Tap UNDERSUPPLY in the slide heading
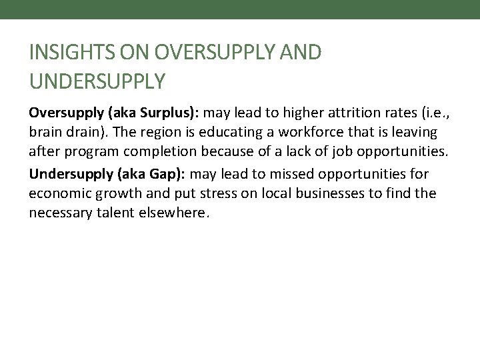point(97,81)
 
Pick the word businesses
point(312,194)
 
